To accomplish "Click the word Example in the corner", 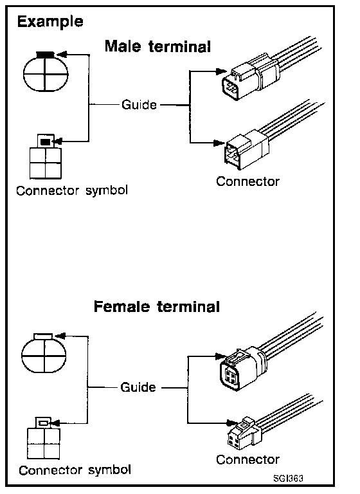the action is [50, 22].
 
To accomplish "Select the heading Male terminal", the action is [157, 46].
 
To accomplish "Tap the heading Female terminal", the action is [157, 307].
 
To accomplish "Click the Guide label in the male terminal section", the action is [139, 105].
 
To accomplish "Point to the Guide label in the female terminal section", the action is [138, 387].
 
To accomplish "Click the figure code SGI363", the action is [288, 479].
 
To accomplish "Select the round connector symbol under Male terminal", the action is [46, 72].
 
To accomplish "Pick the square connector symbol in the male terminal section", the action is [46, 156].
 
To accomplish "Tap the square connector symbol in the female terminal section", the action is [44, 438].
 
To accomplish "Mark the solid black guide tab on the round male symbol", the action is [46, 55].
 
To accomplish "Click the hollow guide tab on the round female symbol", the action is [44, 336].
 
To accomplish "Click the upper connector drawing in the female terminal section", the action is [271, 352].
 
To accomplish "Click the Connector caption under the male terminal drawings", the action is [248, 181].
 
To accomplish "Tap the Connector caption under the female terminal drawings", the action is [248, 460].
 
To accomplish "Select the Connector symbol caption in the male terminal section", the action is [72, 190].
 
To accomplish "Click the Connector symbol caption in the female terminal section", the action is [75, 470].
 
